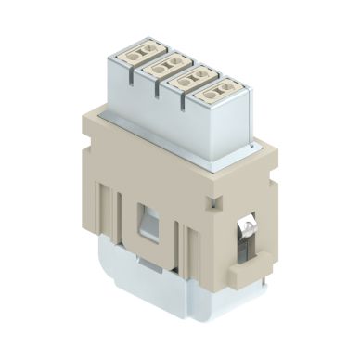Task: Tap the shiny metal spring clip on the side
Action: (249, 233)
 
